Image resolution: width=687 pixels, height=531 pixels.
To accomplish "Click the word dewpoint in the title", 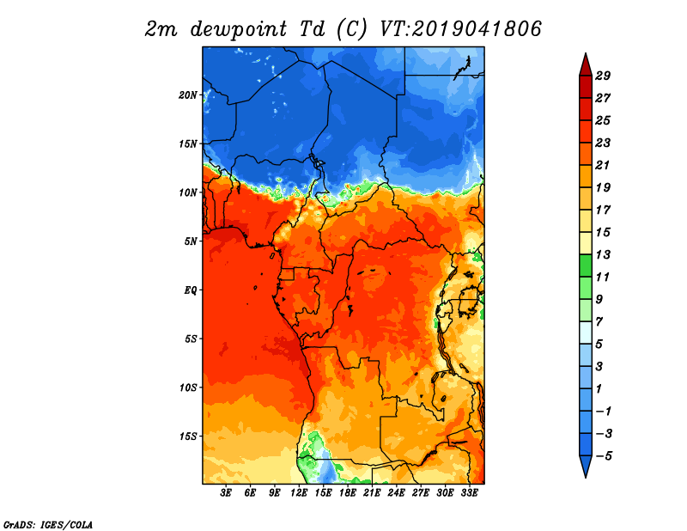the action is coord(239,29).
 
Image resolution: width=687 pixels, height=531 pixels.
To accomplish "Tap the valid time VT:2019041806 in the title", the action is coord(460,29).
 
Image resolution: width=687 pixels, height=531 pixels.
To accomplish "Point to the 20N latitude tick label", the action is coord(188,95).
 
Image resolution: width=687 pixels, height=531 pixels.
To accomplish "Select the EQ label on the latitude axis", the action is coord(191,290).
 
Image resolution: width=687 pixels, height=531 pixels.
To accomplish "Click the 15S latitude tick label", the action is coord(188,436).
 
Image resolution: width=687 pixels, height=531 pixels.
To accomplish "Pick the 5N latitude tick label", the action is coord(191,241).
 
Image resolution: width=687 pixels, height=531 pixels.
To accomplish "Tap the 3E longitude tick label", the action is coord(226,493).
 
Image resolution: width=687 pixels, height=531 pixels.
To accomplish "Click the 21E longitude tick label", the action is coord(372,493).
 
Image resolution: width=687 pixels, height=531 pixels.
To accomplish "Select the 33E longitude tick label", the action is coord(469,493).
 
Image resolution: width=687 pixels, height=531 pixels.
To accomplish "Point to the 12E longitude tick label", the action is coord(298,493).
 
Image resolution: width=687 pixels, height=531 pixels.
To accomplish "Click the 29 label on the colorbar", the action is coord(603,76).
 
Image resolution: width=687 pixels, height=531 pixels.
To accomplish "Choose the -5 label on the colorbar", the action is coord(604,456).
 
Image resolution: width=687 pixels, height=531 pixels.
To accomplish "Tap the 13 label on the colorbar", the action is coord(603,254).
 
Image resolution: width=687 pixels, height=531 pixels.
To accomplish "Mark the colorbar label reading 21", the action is coord(603,165).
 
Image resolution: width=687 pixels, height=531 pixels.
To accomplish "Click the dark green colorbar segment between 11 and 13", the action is coord(586,265).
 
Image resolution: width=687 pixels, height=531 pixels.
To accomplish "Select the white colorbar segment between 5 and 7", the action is coord(586,333).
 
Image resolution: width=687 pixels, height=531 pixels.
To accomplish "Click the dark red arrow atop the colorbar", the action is coord(586,65).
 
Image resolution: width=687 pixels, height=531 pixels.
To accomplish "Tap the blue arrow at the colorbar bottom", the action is coord(586,466).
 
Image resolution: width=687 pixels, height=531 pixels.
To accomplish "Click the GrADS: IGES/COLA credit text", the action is coord(48,525).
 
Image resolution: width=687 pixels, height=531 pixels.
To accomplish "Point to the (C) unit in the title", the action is coord(351,29).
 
